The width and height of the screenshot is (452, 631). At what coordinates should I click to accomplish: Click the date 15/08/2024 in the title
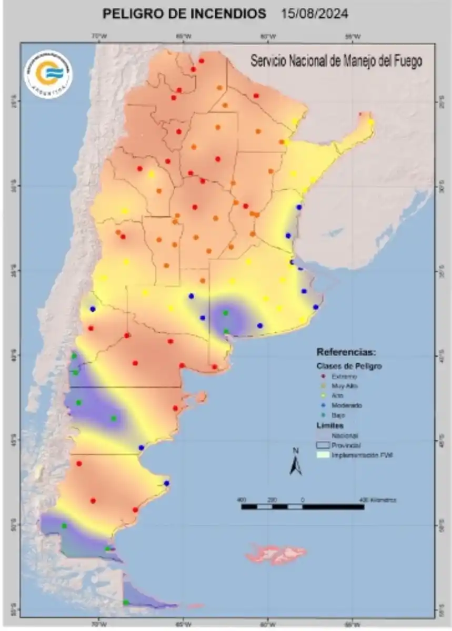(315, 14)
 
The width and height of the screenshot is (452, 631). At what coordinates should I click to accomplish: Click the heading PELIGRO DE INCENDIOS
(184, 14)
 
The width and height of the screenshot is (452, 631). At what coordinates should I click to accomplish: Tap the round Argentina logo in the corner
(48, 73)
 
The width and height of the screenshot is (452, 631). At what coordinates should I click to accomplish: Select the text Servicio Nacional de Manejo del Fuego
(336, 61)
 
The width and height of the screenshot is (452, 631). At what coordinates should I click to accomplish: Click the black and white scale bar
(302, 507)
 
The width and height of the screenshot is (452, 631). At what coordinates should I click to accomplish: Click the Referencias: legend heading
(345, 352)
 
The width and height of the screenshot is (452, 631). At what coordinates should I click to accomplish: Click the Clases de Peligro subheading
(349, 365)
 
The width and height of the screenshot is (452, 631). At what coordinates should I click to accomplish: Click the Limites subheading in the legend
(330, 425)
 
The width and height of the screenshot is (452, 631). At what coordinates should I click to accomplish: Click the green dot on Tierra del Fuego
(126, 603)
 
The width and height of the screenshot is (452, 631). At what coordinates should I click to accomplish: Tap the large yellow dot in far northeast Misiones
(371, 123)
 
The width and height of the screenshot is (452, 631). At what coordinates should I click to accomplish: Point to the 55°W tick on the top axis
(353, 36)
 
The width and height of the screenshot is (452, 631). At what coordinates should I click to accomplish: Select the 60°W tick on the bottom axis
(268, 625)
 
